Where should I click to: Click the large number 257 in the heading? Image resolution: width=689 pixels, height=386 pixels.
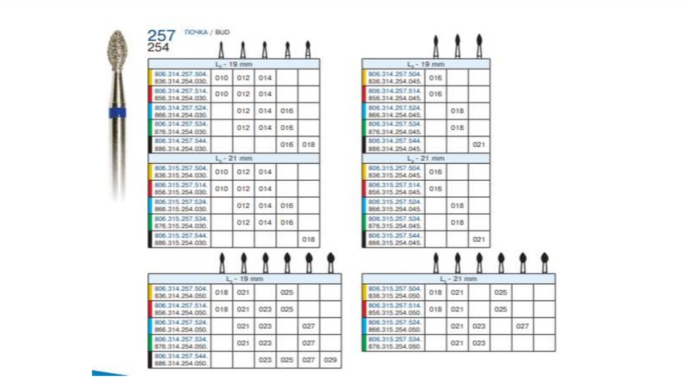161,35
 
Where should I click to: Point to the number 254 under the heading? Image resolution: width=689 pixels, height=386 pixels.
159,47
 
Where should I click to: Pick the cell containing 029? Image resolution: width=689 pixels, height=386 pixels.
330,360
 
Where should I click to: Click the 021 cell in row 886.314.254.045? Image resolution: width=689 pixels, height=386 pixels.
479,145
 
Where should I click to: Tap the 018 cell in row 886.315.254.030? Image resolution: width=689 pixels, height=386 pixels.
309,239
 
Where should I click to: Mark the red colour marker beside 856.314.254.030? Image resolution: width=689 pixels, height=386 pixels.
151,93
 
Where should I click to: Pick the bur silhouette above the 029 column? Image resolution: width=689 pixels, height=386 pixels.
330,262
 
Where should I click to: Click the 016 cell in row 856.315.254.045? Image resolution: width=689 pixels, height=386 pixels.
436,189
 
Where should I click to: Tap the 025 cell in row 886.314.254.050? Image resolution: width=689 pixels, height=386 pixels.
287,360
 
